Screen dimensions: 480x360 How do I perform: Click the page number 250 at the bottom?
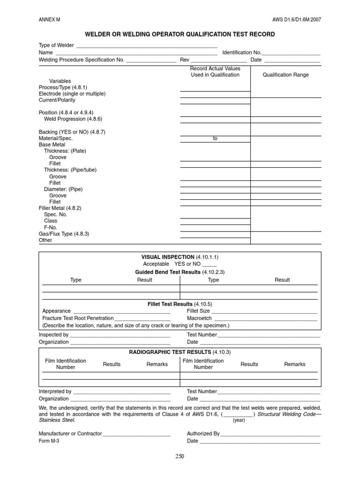coord(180,457)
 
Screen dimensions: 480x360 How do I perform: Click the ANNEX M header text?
coord(49,20)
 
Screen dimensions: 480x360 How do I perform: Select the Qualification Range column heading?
coord(285,75)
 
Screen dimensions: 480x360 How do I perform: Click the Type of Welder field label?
coord(56,45)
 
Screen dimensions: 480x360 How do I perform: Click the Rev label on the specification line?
coord(185,60)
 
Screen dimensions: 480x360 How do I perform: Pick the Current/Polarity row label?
coord(57,100)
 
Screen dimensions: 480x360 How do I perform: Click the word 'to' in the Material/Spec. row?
coord(215,139)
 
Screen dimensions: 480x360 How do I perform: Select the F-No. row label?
coord(50,227)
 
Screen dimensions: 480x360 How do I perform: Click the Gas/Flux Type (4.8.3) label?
coord(64,233)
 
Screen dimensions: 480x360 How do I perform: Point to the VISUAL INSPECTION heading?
coord(168,257)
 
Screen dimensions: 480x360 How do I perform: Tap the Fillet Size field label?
coord(198,311)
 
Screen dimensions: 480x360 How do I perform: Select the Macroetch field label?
coord(198,318)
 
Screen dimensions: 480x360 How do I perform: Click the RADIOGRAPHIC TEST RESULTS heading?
coord(170,352)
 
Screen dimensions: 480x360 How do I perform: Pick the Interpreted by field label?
coord(55,391)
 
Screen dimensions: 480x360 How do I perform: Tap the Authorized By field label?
coord(203,434)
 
